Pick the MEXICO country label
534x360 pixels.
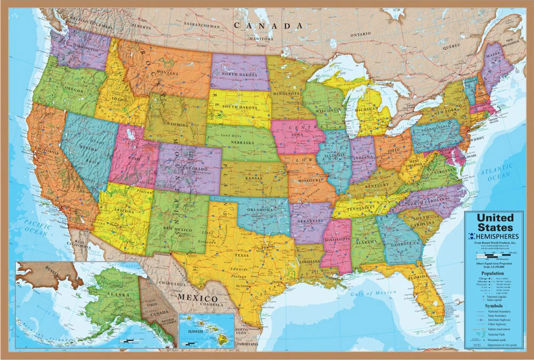(x=198, y=298)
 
